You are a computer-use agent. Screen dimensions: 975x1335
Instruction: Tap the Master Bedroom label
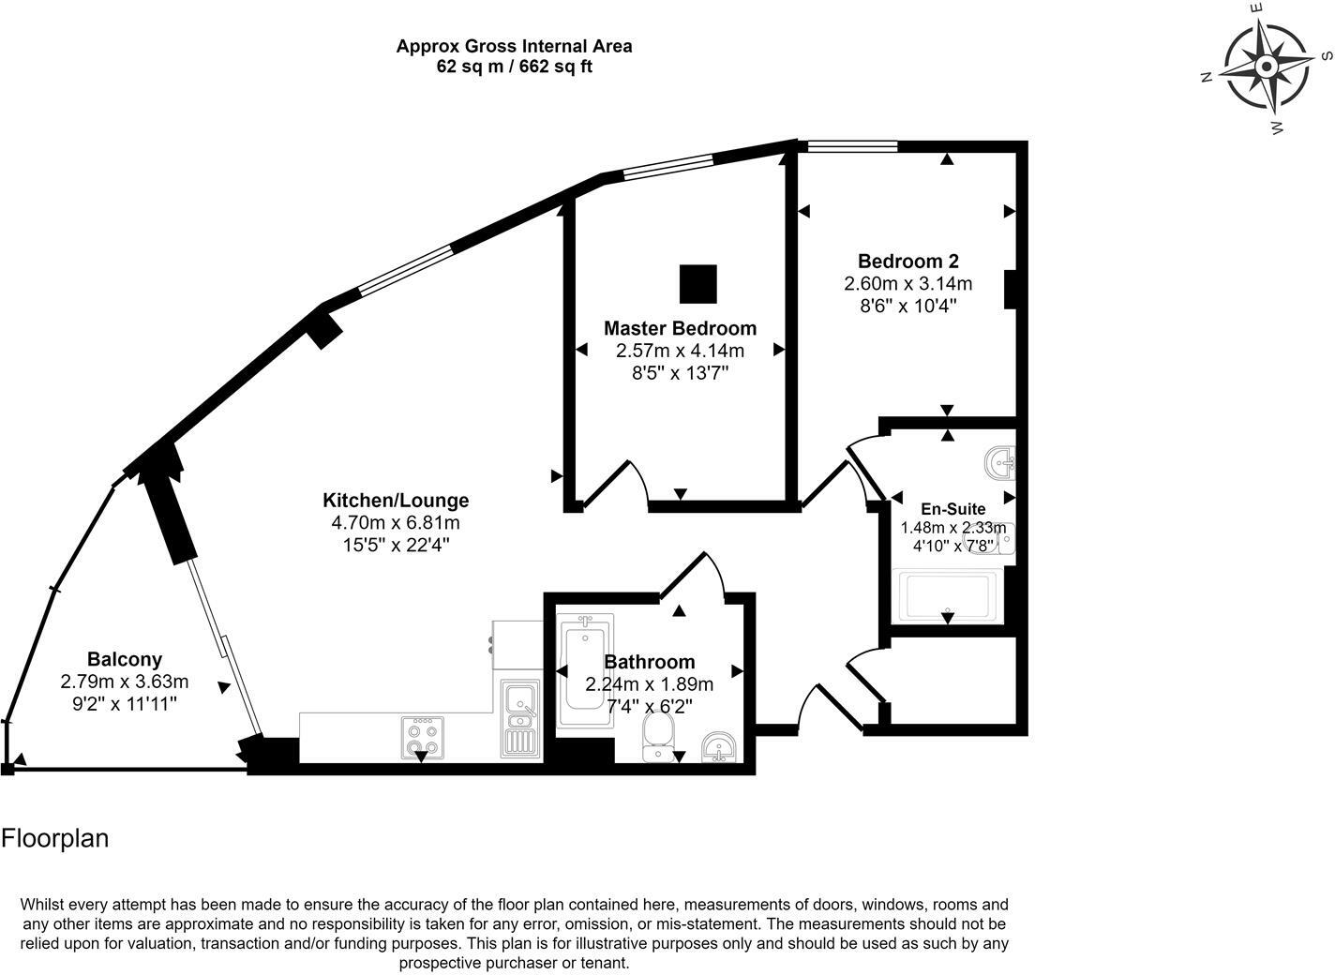680,328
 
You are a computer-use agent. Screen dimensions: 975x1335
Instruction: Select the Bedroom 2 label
907,261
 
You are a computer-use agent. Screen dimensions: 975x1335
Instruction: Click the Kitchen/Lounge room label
396,500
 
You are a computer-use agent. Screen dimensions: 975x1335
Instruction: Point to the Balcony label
125,659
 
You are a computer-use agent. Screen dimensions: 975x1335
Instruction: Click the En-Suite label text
952,508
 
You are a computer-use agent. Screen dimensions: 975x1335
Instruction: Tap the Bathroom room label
650,662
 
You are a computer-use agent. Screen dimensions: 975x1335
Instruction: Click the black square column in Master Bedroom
697,284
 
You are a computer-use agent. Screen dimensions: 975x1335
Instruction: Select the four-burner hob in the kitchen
422,736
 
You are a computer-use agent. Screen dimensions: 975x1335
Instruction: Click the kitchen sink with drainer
519,718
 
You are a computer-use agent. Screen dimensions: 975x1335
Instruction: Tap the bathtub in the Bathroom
585,671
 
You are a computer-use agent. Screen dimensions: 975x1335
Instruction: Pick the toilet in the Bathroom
657,738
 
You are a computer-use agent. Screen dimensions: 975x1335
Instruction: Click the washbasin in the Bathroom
719,747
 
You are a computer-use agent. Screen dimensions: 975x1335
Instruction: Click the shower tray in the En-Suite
947,596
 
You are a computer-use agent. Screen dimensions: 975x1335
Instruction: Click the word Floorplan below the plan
54,838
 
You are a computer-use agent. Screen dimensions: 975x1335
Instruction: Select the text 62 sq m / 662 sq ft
514,67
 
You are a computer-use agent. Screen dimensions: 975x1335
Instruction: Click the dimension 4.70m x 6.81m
396,522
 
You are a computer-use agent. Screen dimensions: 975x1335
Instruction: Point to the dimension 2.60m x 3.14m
907,283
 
